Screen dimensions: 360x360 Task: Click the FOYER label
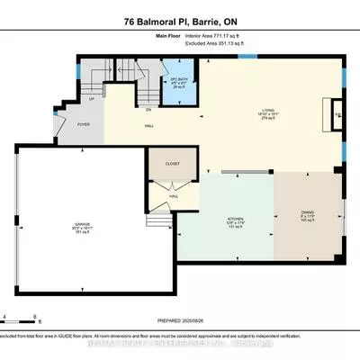pyautogui.click(x=84, y=125)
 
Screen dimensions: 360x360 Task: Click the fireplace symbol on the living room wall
pyautogui.click(x=338, y=115)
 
